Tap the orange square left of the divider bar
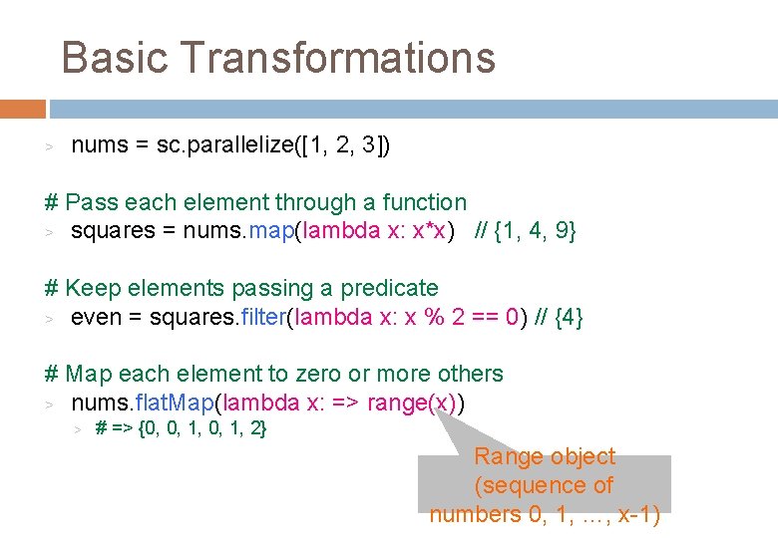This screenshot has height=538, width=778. (x=22, y=108)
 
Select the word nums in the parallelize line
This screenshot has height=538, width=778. (x=100, y=145)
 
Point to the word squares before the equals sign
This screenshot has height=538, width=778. (x=112, y=231)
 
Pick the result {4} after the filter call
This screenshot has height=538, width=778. (x=568, y=317)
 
